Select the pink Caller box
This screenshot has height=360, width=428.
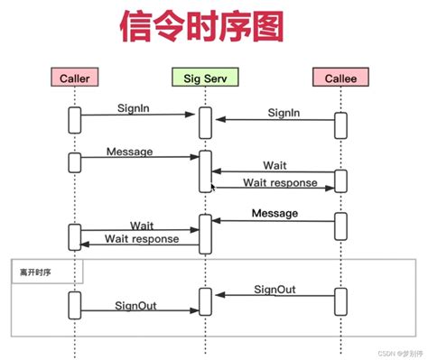pos(73,78)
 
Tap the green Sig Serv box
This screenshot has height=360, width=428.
pos(205,78)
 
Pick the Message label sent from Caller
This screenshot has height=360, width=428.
pos(129,151)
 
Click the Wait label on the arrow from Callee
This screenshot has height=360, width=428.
pos(275,165)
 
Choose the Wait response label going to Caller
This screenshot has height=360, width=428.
pos(142,239)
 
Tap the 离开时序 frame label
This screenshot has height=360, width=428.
pos(32,270)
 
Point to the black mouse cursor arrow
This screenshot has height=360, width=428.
pos(213,188)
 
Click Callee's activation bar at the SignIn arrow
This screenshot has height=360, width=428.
pos(340,125)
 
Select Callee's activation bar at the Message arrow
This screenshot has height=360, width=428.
pos(340,226)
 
